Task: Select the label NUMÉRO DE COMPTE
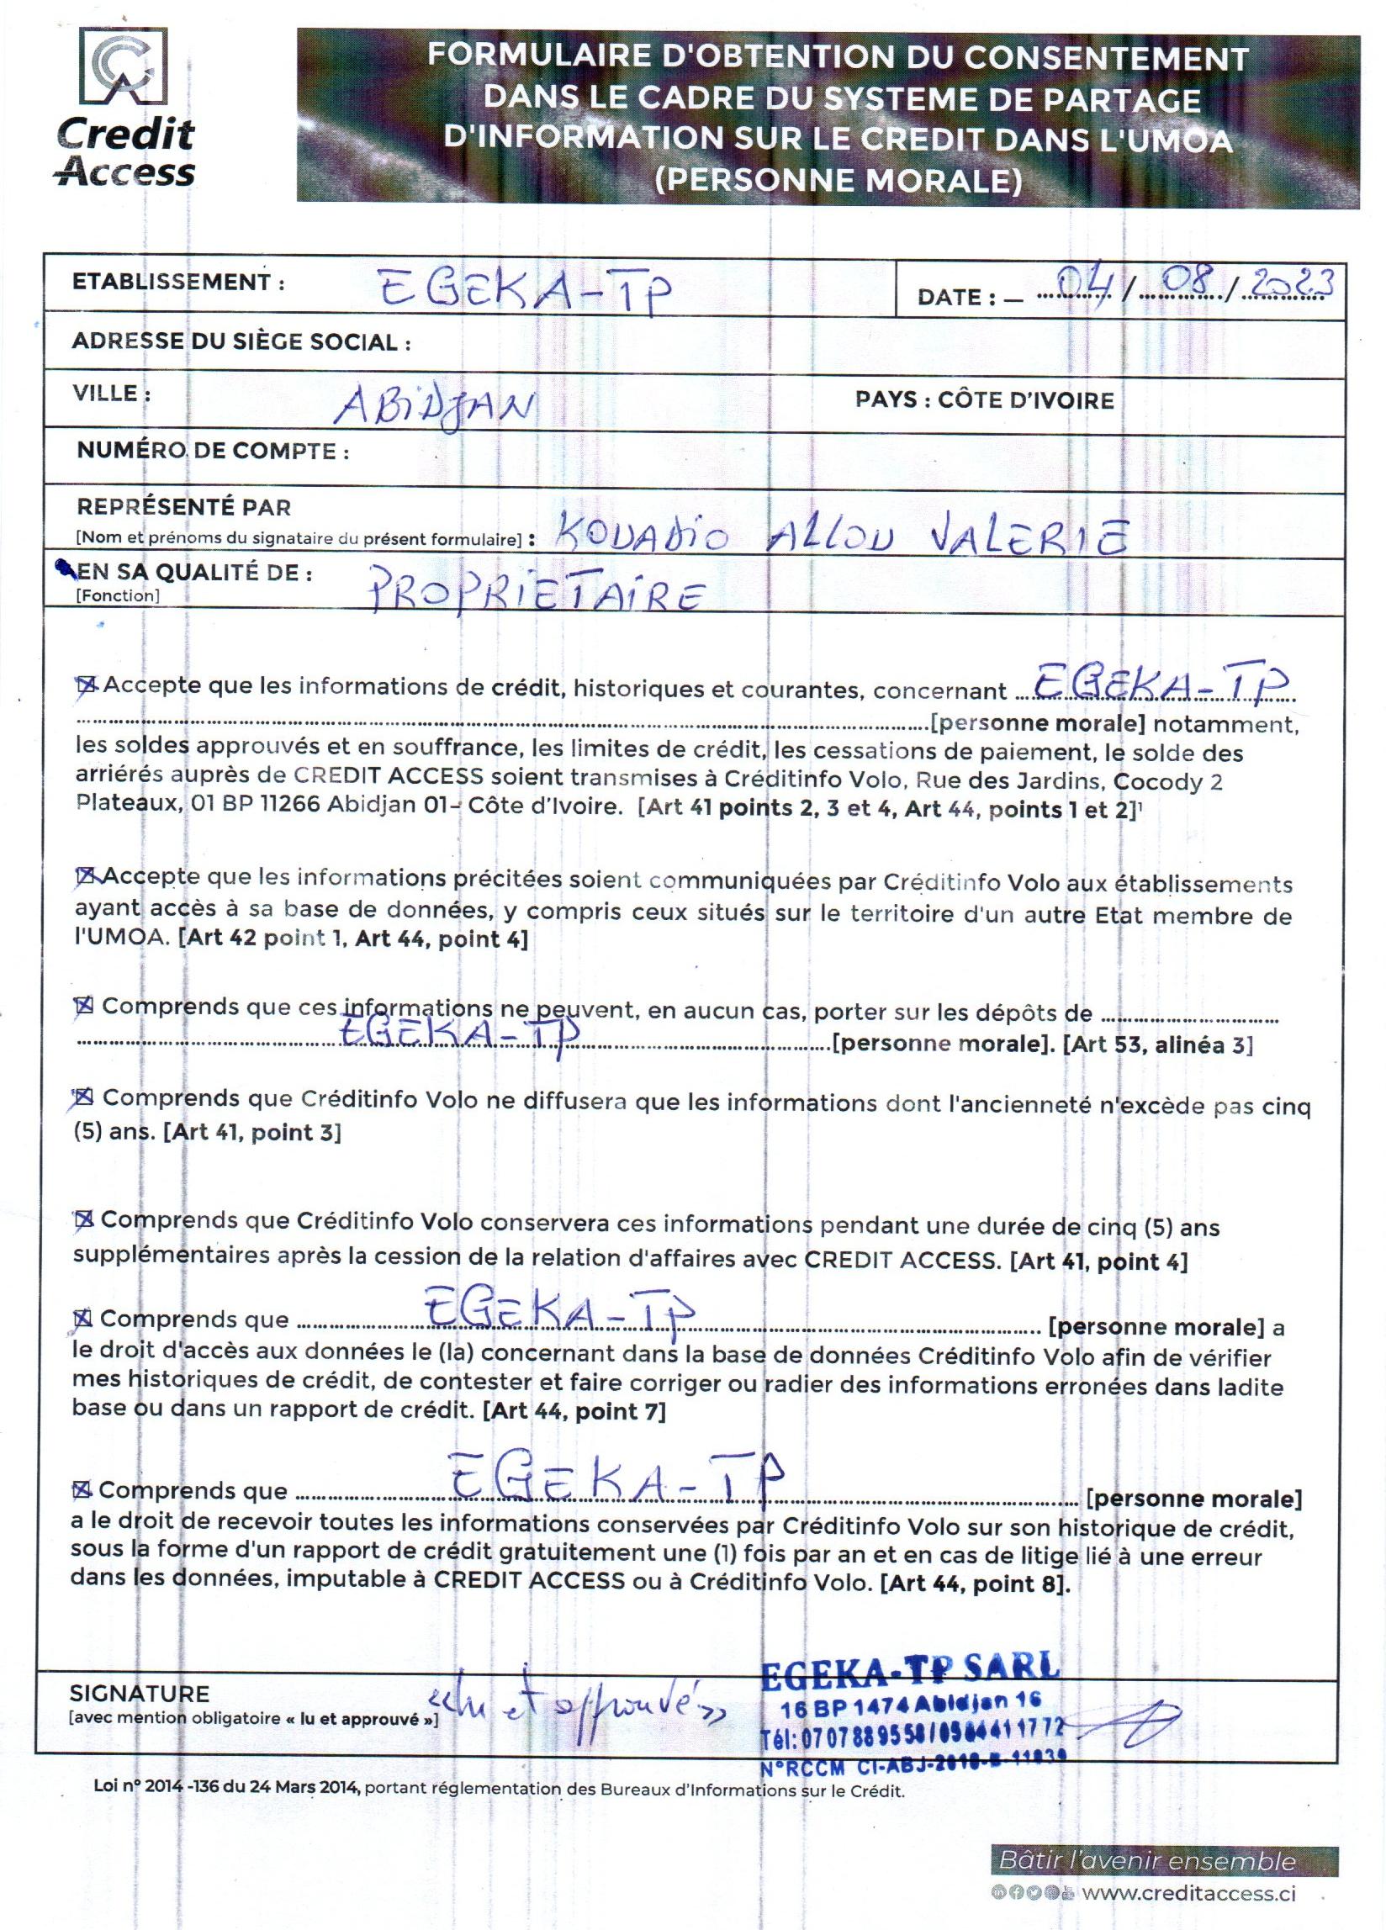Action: tap(213, 451)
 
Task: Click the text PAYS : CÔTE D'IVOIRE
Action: tap(984, 401)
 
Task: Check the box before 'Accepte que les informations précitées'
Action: tap(87, 875)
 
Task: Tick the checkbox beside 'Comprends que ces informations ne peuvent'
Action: tap(84, 1006)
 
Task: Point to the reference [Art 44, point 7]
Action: tap(574, 1412)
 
